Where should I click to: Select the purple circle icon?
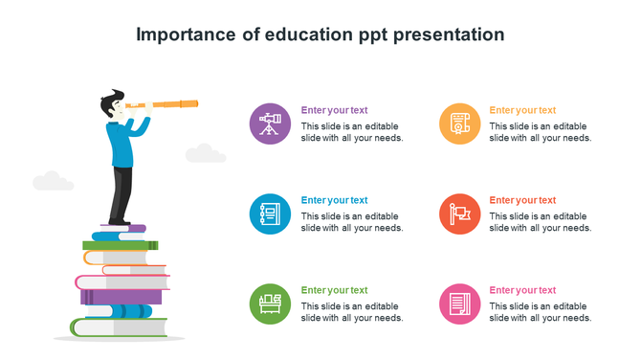pos(270,124)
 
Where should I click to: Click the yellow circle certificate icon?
pos(459,124)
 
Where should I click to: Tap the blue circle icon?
pos(270,214)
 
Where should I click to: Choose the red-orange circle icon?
pos(459,214)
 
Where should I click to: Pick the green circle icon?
pos(270,304)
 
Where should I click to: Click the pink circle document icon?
pos(459,304)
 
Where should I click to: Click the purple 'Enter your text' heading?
pos(334,110)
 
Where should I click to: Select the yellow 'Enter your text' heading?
pos(522,110)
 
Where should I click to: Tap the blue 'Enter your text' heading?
pos(334,200)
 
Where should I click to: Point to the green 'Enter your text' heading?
pos(334,290)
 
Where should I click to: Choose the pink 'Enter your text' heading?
pos(522,290)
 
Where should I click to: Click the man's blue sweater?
pos(121,144)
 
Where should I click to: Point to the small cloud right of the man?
pos(205,153)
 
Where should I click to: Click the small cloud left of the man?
pos(53,181)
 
